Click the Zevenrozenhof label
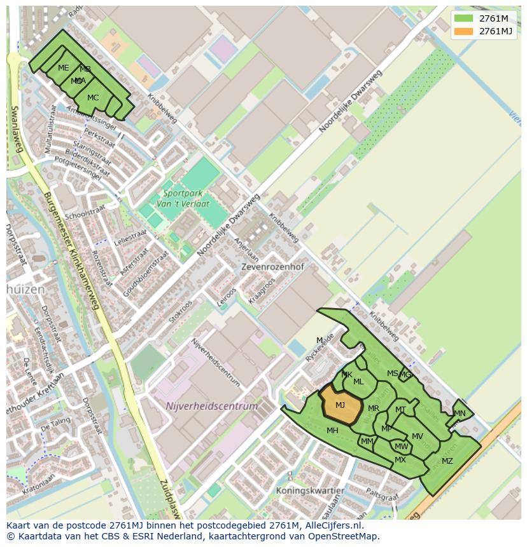pos(270,267)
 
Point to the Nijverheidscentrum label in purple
pos(212,406)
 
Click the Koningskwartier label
pos(310,490)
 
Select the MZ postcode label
pos(447,461)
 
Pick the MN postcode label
pos(460,414)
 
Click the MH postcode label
pos(332,431)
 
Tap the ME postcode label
pos(63,68)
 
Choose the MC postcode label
pos(93,98)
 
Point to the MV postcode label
pos(418,436)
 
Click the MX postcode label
pos(400,460)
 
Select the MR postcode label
pos(374,409)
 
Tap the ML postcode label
pos(358,382)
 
